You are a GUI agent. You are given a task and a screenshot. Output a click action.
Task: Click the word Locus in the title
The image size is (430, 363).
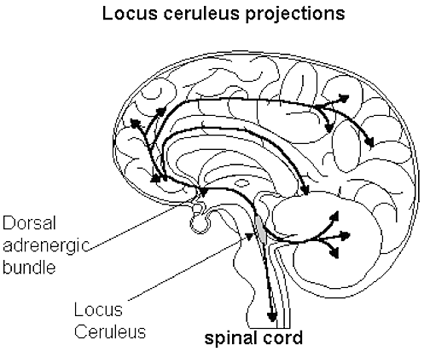[x=130, y=13]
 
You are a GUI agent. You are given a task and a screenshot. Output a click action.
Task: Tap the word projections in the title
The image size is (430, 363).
[x=295, y=14]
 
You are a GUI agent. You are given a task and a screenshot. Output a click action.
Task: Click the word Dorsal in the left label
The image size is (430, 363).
[x=29, y=222]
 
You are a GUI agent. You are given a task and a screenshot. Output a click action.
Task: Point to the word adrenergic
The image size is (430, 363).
[x=46, y=246]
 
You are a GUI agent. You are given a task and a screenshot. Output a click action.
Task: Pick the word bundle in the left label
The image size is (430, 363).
[x=29, y=267]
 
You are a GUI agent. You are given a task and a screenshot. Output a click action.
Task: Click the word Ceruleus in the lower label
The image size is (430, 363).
[x=110, y=331]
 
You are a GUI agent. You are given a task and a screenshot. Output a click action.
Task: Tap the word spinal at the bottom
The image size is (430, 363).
[x=230, y=339]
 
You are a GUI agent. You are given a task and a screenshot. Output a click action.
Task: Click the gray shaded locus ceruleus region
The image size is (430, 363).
[x=261, y=230]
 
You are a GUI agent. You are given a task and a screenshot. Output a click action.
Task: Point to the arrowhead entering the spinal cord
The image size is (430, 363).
[x=272, y=316]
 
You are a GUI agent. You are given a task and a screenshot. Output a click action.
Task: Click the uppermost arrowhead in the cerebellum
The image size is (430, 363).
[x=334, y=216]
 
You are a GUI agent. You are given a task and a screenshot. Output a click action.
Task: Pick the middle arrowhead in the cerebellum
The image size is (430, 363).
[x=346, y=235]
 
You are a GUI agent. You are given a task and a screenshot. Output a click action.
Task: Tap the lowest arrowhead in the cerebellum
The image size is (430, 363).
[x=334, y=253]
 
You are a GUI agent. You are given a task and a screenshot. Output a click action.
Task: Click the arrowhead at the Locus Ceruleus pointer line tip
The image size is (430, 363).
[x=249, y=236]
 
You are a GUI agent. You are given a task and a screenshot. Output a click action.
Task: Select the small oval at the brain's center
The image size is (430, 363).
[x=241, y=183]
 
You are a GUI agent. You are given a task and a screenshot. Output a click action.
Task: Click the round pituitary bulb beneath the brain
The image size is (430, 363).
[x=200, y=224]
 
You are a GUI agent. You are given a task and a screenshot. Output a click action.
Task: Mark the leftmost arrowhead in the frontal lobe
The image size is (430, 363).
[x=135, y=123]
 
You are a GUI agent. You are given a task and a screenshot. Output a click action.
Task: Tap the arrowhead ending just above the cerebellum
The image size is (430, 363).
[x=305, y=190]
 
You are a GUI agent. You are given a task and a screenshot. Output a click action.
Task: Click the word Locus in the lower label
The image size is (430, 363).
[x=98, y=309]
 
